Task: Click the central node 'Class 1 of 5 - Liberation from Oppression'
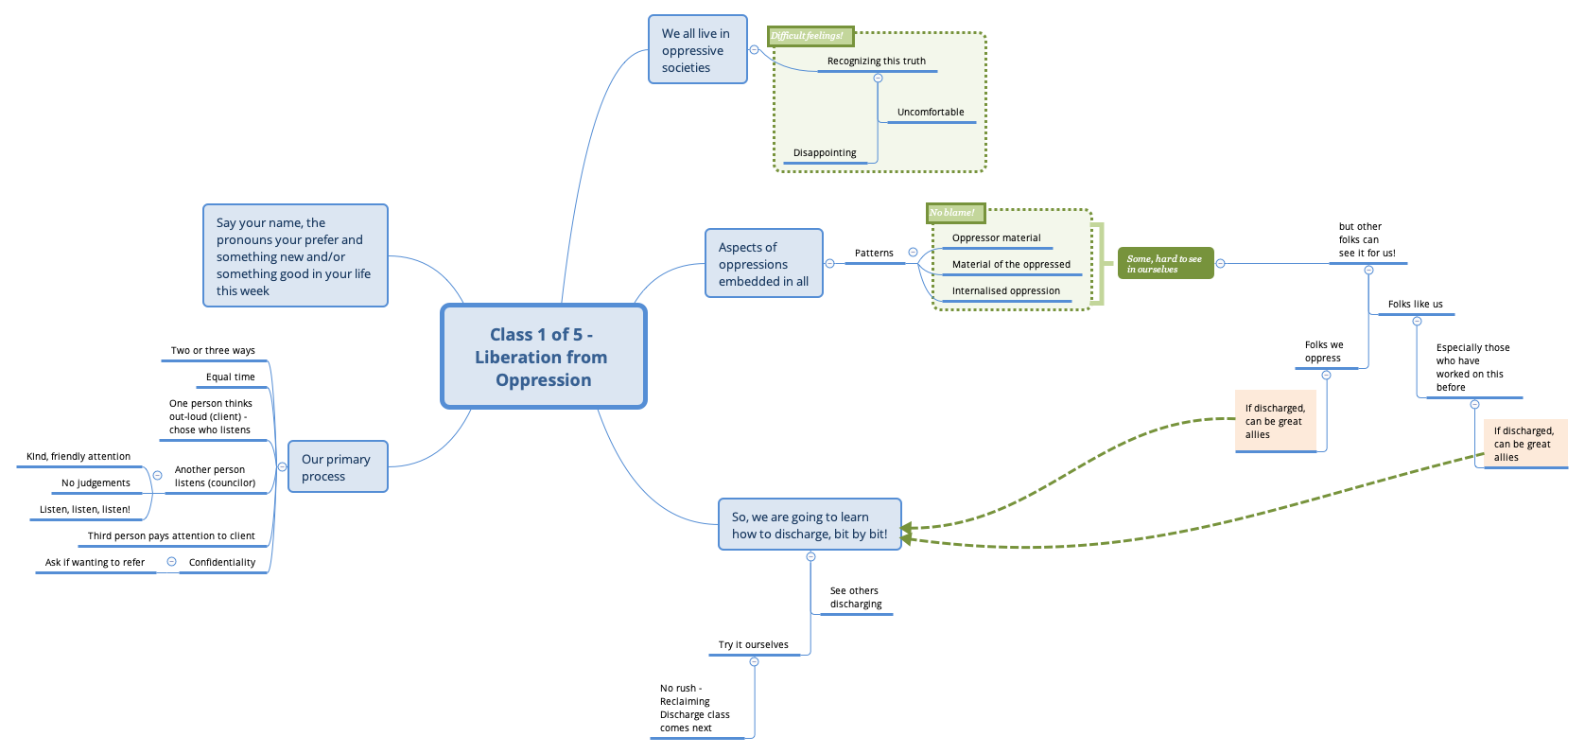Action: click(x=543, y=357)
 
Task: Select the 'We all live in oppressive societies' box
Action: click(x=697, y=50)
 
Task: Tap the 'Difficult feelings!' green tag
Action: click(x=810, y=36)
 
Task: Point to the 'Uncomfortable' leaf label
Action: click(x=930, y=112)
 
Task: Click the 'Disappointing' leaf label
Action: click(x=825, y=152)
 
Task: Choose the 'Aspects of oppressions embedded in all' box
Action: click(x=763, y=264)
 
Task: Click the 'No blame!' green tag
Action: click(x=955, y=213)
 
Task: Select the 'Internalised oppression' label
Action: click(x=1005, y=290)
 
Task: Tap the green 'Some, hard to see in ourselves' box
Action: click(x=1164, y=264)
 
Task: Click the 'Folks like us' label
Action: click(x=1415, y=304)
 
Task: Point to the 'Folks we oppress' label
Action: click(x=1323, y=351)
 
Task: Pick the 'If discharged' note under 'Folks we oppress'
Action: click(x=1275, y=421)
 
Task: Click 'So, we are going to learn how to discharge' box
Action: click(x=810, y=525)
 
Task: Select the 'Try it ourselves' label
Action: click(x=753, y=644)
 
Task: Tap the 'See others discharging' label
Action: click(x=855, y=597)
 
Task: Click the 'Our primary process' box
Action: click(x=337, y=467)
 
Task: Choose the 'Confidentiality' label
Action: click(x=221, y=562)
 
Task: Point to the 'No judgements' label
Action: click(x=96, y=482)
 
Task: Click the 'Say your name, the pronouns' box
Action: click(x=295, y=256)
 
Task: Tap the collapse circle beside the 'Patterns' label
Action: click(x=913, y=253)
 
